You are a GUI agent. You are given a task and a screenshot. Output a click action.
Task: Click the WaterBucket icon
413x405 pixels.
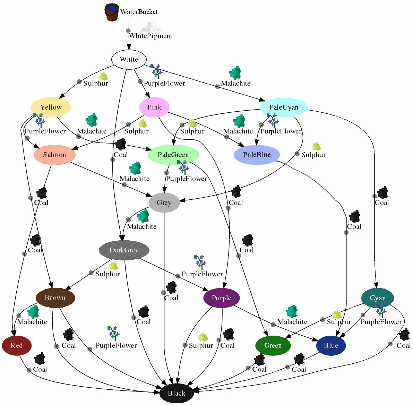(112, 12)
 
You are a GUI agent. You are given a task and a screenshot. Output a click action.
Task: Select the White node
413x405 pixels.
(129, 59)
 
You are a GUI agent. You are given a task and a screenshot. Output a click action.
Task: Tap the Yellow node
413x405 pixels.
(51, 107)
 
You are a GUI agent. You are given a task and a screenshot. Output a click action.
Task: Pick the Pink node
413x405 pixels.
(154, 107)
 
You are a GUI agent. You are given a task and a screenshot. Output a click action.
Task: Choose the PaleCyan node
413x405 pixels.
(284, 107)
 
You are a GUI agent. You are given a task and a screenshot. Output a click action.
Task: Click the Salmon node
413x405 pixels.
(54, 155)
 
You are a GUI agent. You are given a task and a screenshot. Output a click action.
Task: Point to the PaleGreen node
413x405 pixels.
(173, 155)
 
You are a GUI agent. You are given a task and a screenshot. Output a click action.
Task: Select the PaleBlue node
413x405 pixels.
(257, 155)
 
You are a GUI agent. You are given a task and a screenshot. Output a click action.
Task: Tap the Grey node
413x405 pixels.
(164, 203)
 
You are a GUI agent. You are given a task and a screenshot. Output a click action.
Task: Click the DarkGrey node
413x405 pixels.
(124, 250)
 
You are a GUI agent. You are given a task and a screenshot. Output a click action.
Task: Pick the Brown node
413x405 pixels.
(55, 298)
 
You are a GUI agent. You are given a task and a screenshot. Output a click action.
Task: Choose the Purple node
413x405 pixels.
(221, 298)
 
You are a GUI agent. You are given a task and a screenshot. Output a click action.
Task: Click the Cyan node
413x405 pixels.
(377, 298)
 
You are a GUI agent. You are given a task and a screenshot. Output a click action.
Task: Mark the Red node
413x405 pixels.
(17, 345)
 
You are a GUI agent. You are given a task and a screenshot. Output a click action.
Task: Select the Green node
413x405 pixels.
(273, 345)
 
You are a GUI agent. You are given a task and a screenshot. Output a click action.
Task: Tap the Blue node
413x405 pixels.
(331, 345)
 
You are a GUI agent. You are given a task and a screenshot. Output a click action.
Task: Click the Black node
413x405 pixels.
(177, 393)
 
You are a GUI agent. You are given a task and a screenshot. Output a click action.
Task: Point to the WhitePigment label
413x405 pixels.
(150, 36)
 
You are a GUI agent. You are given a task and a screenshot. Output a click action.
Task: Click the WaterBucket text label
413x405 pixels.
(139, 12)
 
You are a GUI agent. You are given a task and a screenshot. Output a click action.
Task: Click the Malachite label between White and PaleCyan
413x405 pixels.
(235, 83)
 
